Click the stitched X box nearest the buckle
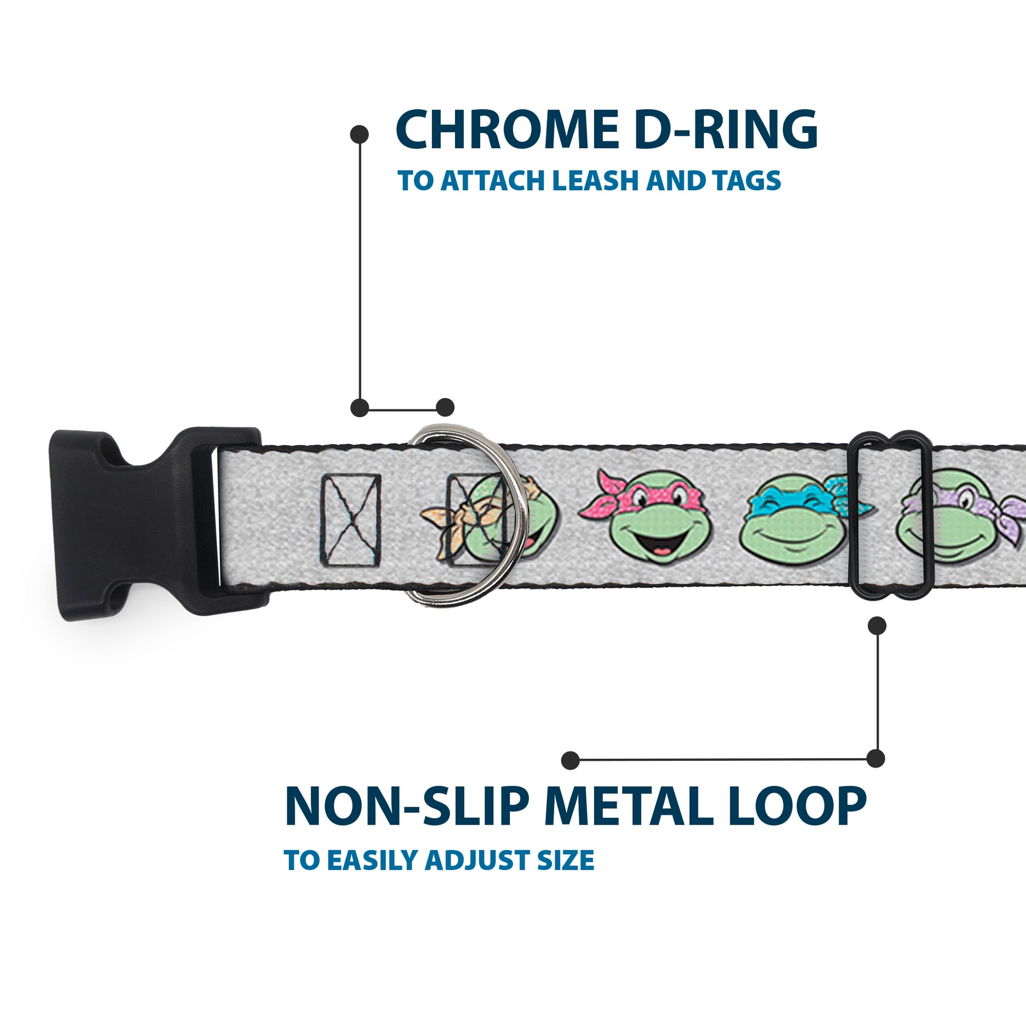pos(351,519)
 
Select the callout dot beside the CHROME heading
pos(360,134)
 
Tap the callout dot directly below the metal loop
pos(877,626)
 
